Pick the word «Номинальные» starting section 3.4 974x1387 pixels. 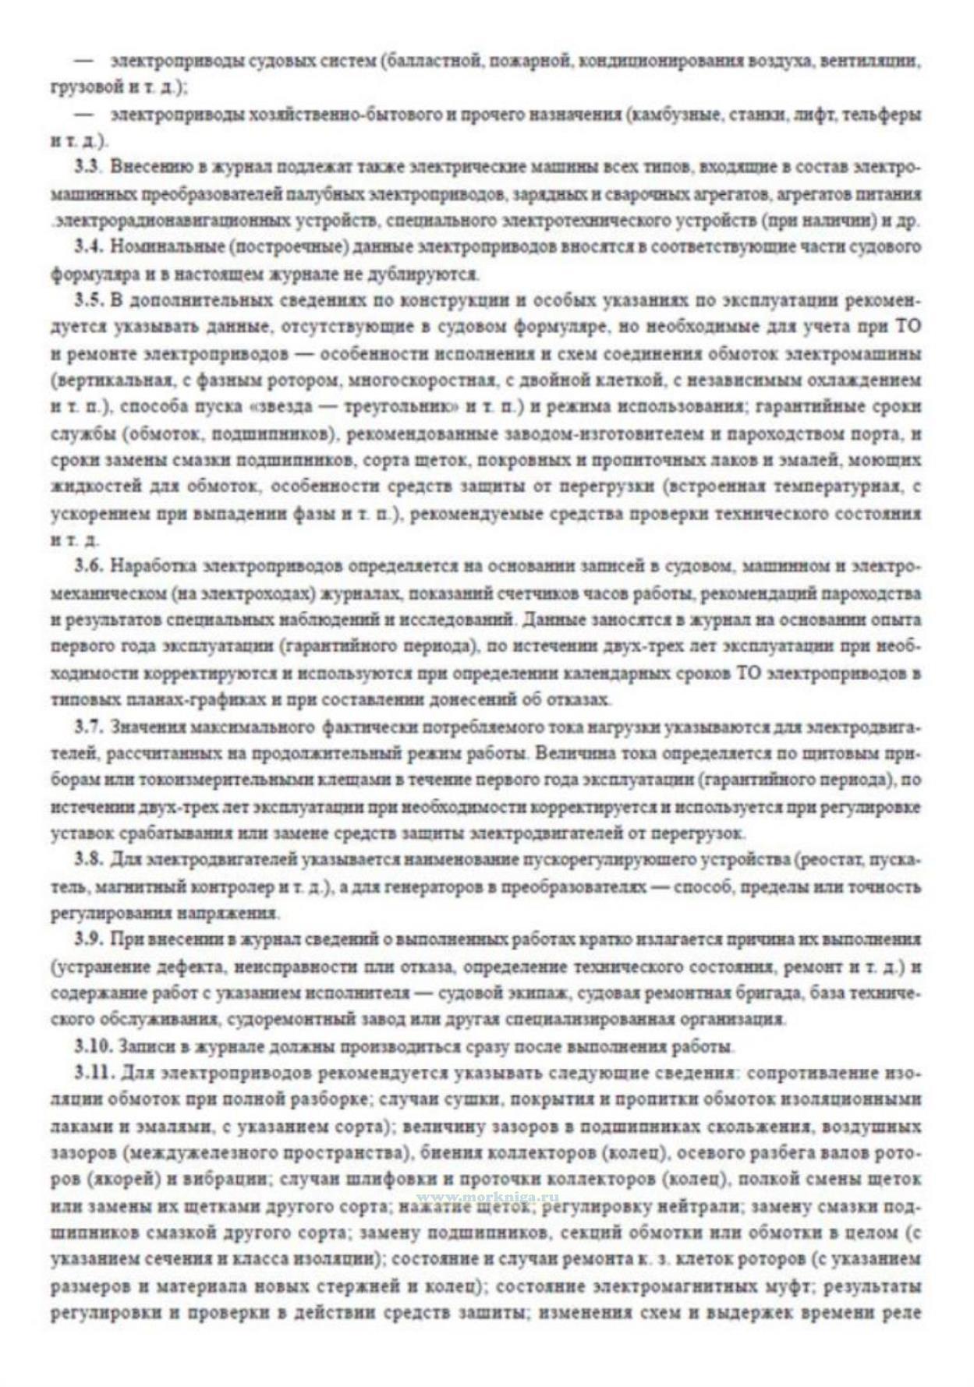point(157,247)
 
